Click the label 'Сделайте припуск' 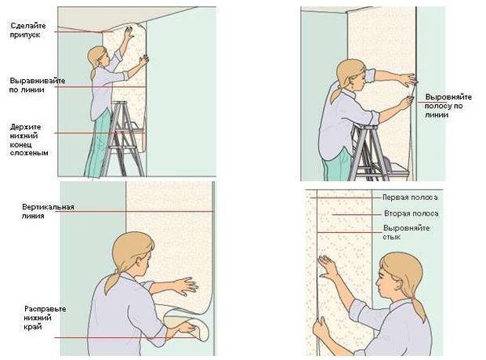pyautogui.click(x=28, y=30)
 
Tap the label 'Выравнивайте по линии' pyautogui.click(x=38, y=85)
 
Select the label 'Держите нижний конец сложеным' pyautogui.click(x=29, y=140)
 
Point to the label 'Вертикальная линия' pyautogui.click(x=48, y=211)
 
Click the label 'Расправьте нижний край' pyautogui.click(x=45, y=318)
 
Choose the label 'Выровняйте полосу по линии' pyautogui.click(x=448, y=106)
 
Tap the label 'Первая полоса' pyautogui.click(x=410, y=197)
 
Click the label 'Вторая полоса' pyautogui.click(x=411, y=213)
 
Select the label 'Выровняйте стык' pyautogui.click(x=406, y=232)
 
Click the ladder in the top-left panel pyautogui.click(x=123, y=139)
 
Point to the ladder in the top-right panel pyautogui.click(x=368, y=153)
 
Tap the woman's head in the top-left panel pyautogui.click(x=98, y=57)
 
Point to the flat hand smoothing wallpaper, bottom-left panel pyautogui.click(x=185, y=285)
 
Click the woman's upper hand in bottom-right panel pyautogui.click(x=328, y=267)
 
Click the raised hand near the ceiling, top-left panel pyautogui.click(x=129, y=31)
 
